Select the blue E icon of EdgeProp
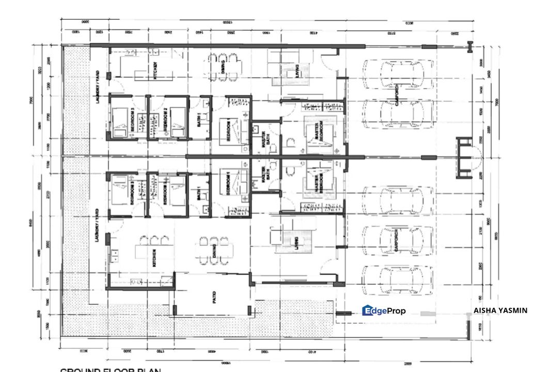point(368,311)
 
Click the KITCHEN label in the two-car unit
point(154,71)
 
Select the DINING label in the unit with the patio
point(213,252)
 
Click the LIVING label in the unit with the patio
point(296,242)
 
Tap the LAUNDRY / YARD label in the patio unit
point(97,225)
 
